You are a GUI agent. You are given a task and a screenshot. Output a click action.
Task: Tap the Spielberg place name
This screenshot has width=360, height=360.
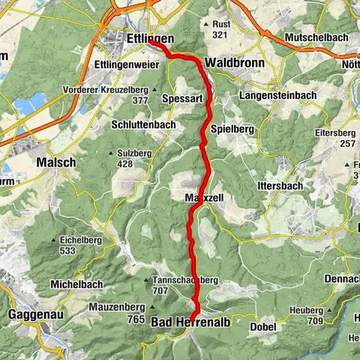coord(234,128)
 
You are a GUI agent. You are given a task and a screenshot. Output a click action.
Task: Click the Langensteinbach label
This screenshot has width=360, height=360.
coord(274,96)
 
